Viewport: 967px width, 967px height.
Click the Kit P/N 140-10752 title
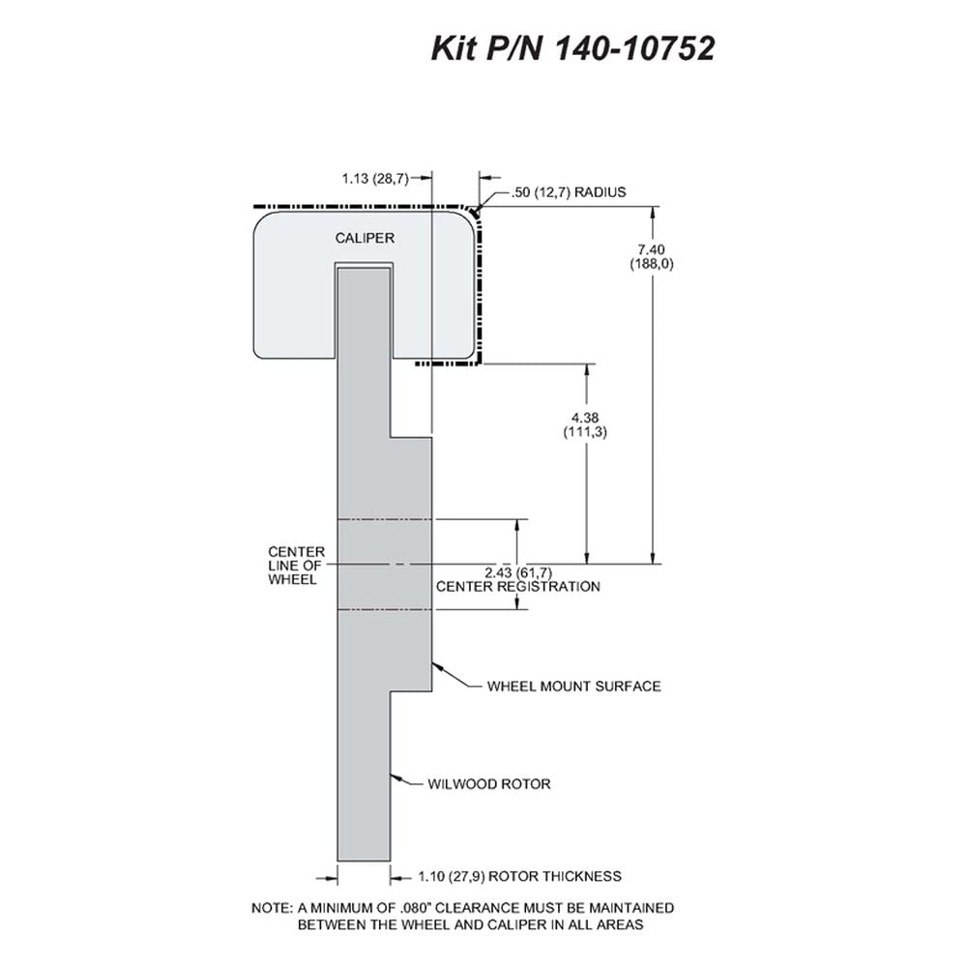pyautogui.click(x=572, y=48)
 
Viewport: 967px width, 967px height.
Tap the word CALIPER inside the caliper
pyautogui.click(x=365, y=238)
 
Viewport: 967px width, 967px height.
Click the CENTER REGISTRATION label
pyautogui.click(x=518, y=587)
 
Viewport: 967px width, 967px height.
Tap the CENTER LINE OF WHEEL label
pyautogui.click(x=296, y=566)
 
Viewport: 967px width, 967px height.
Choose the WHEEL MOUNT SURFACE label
pyautogui.click(x=573, y=687)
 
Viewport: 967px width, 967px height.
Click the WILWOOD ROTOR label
pyautogui.click(x=489, y=784)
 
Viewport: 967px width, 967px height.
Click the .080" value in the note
pyautogui.click(x=413, y=908)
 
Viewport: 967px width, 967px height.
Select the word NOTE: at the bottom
pyautogui.click(x=272, y=908)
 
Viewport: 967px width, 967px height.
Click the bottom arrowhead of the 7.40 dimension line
pyautogui.click(x=653, y=557)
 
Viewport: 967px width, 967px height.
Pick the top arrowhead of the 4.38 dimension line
pyautogui.click(x=587, y=370)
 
